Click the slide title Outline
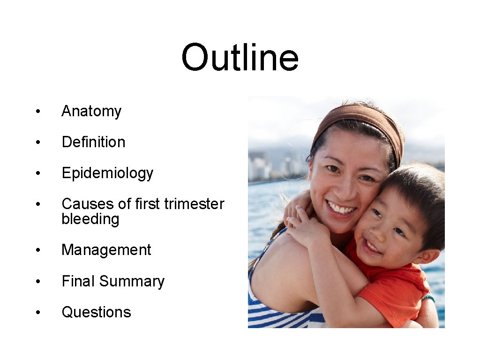tap(240, 58)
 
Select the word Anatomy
tap(91, 111)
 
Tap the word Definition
tap(93, 142)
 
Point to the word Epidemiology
tap(107, 173)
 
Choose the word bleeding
tap(90, 219)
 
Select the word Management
tap(106, 250)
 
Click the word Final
tap(78, 281)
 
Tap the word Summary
tap(132, 281)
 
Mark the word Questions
tap(96, 312)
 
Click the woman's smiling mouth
tap(341, 207)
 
